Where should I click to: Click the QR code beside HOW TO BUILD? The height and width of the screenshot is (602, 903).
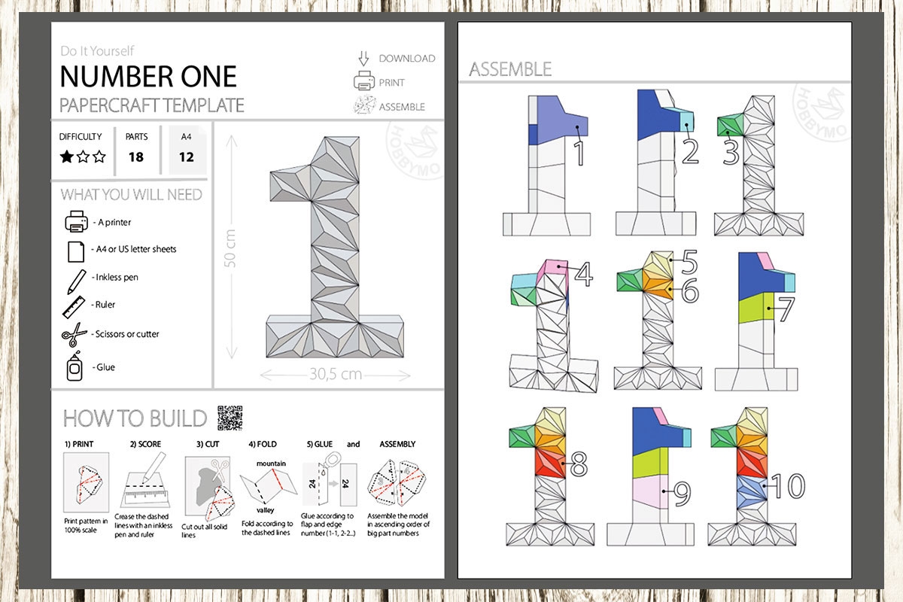pyautogui.click(x=230, y=416)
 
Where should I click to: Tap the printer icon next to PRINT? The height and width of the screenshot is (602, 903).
pyautogui.click(x=365, y=82)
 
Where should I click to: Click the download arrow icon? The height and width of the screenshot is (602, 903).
pyautogui.click(x=365, y=58)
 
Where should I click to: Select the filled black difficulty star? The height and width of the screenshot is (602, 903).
pyautogui.click(x=67, y=157)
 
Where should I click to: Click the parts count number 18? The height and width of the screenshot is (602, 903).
pyautogui.click(x=136, y=157)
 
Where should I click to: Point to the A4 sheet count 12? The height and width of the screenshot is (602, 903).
pyautogui.click(x=187, y=157)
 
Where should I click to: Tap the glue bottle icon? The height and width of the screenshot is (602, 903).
pyautogui.click(x=74, y=367)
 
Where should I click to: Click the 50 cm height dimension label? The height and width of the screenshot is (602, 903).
pyautogui.click(x=231, y=248)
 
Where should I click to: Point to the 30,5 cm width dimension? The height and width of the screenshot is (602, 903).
pyautogui.click(x=335, y=373)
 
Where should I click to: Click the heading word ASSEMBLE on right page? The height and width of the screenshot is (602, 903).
pyautogui.click(x=510, y=69)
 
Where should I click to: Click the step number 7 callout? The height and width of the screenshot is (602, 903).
pyautogui.click(x=785, y=309)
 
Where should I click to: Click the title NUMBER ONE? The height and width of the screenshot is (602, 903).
pyautogui.click(x=148, y=76)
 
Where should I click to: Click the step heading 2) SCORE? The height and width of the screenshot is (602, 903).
pyautogui.click(x=145, y=444)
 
